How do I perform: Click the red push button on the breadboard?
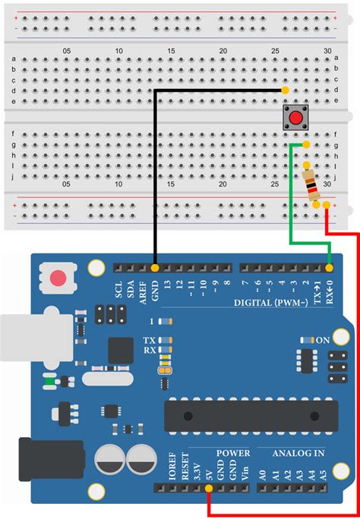pyautogui.click(x=295, y=117)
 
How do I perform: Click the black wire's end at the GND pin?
pyautogui.click(x=155, y=268)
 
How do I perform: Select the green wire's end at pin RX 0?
pyautogui.click(x=330, y=268)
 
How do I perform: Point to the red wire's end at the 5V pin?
pyautogui.click(x=209, y=489)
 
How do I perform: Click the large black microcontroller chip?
pyautogui.click(x=251, y=414)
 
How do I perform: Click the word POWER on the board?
pyautogui.click(x=233, y=453)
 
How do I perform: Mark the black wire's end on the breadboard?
pyautogui.click(x=285, y=90)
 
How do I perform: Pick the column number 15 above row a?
pyautogui.click(x=170, y=51)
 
